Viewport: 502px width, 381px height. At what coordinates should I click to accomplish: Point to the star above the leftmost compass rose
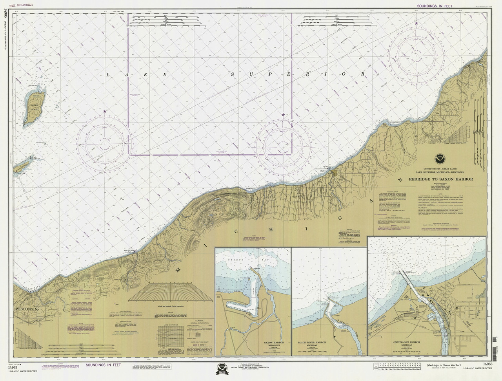click(105, 112)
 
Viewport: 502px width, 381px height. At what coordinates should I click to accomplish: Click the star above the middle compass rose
click(283, 115)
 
